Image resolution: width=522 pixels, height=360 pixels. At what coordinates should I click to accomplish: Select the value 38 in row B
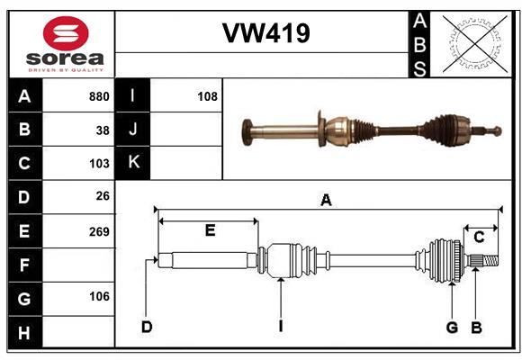coord(103,130)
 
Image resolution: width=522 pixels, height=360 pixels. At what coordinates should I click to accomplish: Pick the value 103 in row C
coord(99,164)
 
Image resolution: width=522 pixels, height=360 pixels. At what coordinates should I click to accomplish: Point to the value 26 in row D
coord(103,197)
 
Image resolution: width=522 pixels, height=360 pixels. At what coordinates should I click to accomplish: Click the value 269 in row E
coord(99,231)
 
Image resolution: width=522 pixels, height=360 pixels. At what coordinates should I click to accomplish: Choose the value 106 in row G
coord(99,296)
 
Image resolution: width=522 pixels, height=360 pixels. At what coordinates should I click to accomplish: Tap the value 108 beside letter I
coord(207,96)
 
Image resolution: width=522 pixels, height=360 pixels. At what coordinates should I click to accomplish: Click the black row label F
coord(24,265)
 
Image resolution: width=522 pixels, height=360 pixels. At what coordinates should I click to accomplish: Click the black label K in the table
coord(133,163)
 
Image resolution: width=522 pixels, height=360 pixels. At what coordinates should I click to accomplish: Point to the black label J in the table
coord(133,130)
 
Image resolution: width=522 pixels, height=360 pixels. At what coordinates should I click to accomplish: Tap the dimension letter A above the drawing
coord(326,201)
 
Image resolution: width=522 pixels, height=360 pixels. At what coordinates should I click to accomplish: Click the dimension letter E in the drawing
coord(209,231)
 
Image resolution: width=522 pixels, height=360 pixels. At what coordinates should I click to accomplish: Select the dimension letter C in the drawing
coord(479,237)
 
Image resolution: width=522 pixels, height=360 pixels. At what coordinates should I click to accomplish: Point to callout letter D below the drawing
coord(146,327)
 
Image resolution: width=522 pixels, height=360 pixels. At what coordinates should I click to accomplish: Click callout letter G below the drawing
coord(452,327)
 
